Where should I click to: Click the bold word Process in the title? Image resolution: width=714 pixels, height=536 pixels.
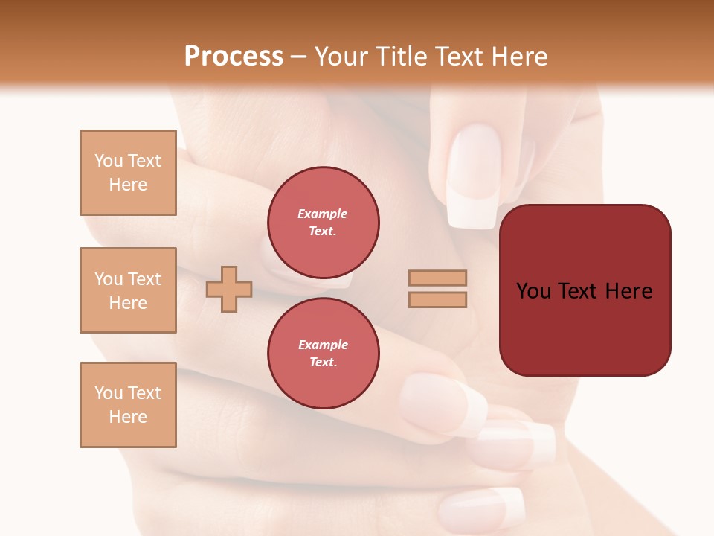[x=234, y=57]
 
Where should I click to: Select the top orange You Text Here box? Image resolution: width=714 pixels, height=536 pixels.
[x=128, y=173]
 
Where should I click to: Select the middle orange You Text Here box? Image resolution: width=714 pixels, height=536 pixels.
[x=128, y=290]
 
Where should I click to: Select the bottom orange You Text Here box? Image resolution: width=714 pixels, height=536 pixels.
[x=128, y=405]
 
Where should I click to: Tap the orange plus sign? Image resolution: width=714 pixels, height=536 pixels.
[x=229, y=288]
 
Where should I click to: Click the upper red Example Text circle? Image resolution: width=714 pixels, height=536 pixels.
[x=323, y=223]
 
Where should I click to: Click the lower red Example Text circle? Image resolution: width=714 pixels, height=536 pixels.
[x=323, y=354]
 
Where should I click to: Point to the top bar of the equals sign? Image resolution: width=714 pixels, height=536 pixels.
[x=438, y=278]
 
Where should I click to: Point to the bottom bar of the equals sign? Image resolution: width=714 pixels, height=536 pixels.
[x=438, y=300]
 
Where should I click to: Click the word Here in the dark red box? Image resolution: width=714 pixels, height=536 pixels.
[x=628, y=291]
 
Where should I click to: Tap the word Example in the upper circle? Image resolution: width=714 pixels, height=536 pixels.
[x=323, y=214]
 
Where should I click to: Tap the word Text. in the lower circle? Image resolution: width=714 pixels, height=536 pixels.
[x=323, y=363]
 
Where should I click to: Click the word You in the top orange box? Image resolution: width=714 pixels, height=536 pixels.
[x=109, y=161]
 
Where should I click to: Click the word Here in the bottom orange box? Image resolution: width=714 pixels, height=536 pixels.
[x=128, y=417]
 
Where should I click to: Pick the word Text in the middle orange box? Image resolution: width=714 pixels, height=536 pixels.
[x=145, y=279]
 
